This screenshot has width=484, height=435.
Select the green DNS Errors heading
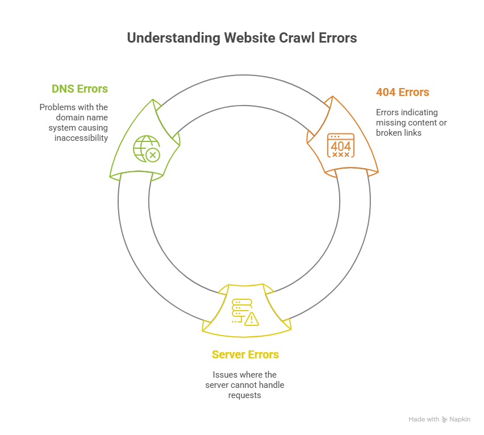(80, 89)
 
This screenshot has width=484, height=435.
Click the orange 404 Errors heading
(402, 92)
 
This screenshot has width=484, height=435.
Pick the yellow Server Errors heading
(245, 355)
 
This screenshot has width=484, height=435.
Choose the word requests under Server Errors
(244, 395)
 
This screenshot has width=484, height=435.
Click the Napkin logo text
(460, 420)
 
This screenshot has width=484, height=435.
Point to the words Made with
(424, 420)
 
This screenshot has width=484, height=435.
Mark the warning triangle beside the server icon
(252, 319)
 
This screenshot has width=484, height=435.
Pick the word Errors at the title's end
(339, 39)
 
